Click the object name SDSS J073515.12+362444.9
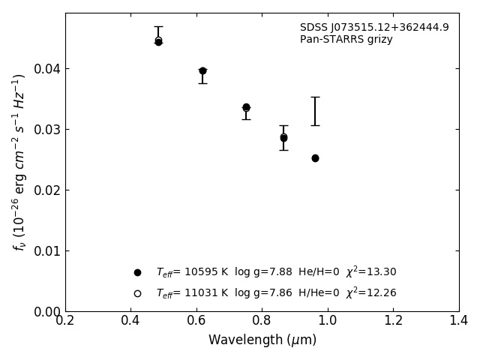[374, 28]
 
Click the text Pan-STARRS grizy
[346, 40]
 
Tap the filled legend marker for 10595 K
[137, 272]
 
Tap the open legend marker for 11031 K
[137, 293]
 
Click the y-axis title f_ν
[19, 162]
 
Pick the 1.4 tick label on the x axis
[459, 321]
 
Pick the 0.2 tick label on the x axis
[65, 321]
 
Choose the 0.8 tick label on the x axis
[262, 321]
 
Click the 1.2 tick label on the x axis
[393, 321]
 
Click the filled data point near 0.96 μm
[315, 158]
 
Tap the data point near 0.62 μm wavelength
[202, 71]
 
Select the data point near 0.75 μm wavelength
[246, 107]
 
